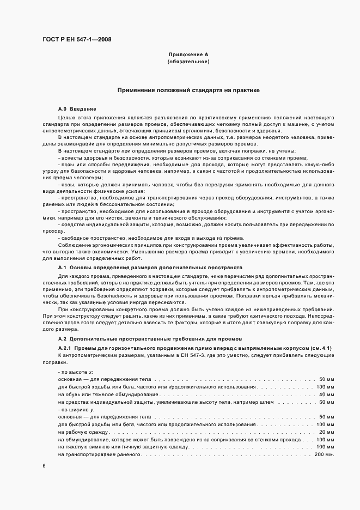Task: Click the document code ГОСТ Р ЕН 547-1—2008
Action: [77, 39]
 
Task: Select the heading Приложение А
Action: [188, 56]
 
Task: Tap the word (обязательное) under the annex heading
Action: [188, 62]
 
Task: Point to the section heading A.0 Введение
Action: [77, 109]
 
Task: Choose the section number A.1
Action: [62, 268]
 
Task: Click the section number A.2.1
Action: [65, 348]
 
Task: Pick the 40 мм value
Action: [325, 393]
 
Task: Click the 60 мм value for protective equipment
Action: [325, 401]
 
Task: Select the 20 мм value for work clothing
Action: [325, 432]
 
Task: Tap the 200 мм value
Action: [323, 454]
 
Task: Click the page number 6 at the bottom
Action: [44, 466]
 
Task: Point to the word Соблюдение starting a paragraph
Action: [73, 246]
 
